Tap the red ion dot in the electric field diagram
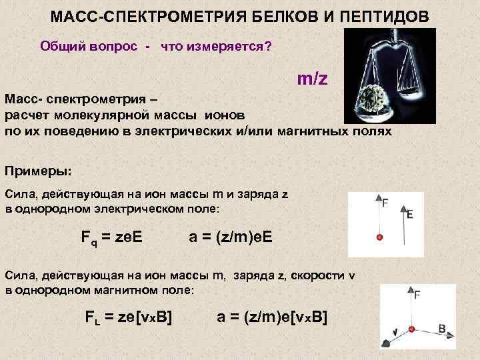[380, 237]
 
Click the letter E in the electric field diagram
[409, 214]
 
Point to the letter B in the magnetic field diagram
[442, 329]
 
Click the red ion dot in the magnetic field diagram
[411, 329]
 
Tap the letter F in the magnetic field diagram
[417, 294]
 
